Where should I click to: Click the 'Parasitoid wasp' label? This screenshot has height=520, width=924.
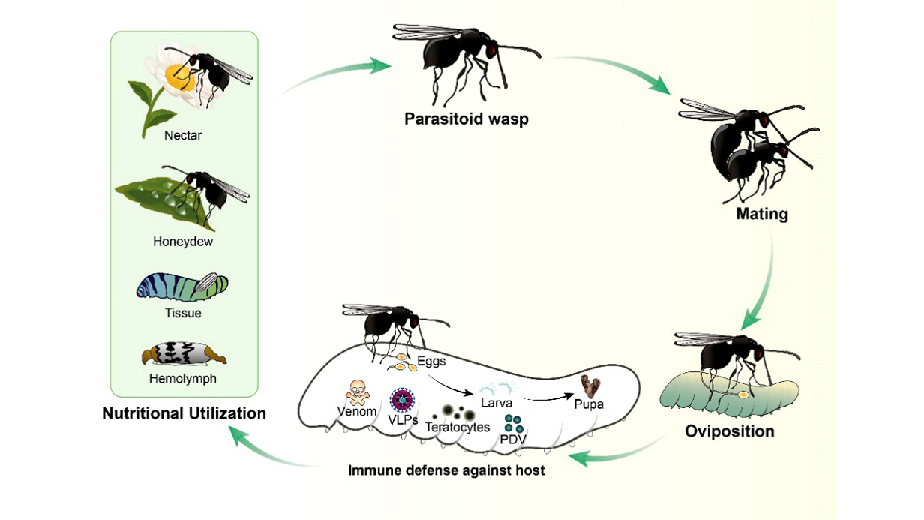466,119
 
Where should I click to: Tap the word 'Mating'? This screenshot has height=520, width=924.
761,214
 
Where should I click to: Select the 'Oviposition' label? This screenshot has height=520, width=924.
730,431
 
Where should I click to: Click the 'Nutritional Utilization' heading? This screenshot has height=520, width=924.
184,413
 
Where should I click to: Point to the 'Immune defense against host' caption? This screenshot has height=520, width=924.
445,471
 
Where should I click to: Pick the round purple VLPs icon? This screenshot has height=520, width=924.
403,400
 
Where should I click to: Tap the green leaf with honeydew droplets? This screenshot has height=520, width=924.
161,201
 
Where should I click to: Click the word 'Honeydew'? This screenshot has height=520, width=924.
184,242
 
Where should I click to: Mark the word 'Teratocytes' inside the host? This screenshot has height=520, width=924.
457,427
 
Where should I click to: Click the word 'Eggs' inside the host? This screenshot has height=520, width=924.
431,362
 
